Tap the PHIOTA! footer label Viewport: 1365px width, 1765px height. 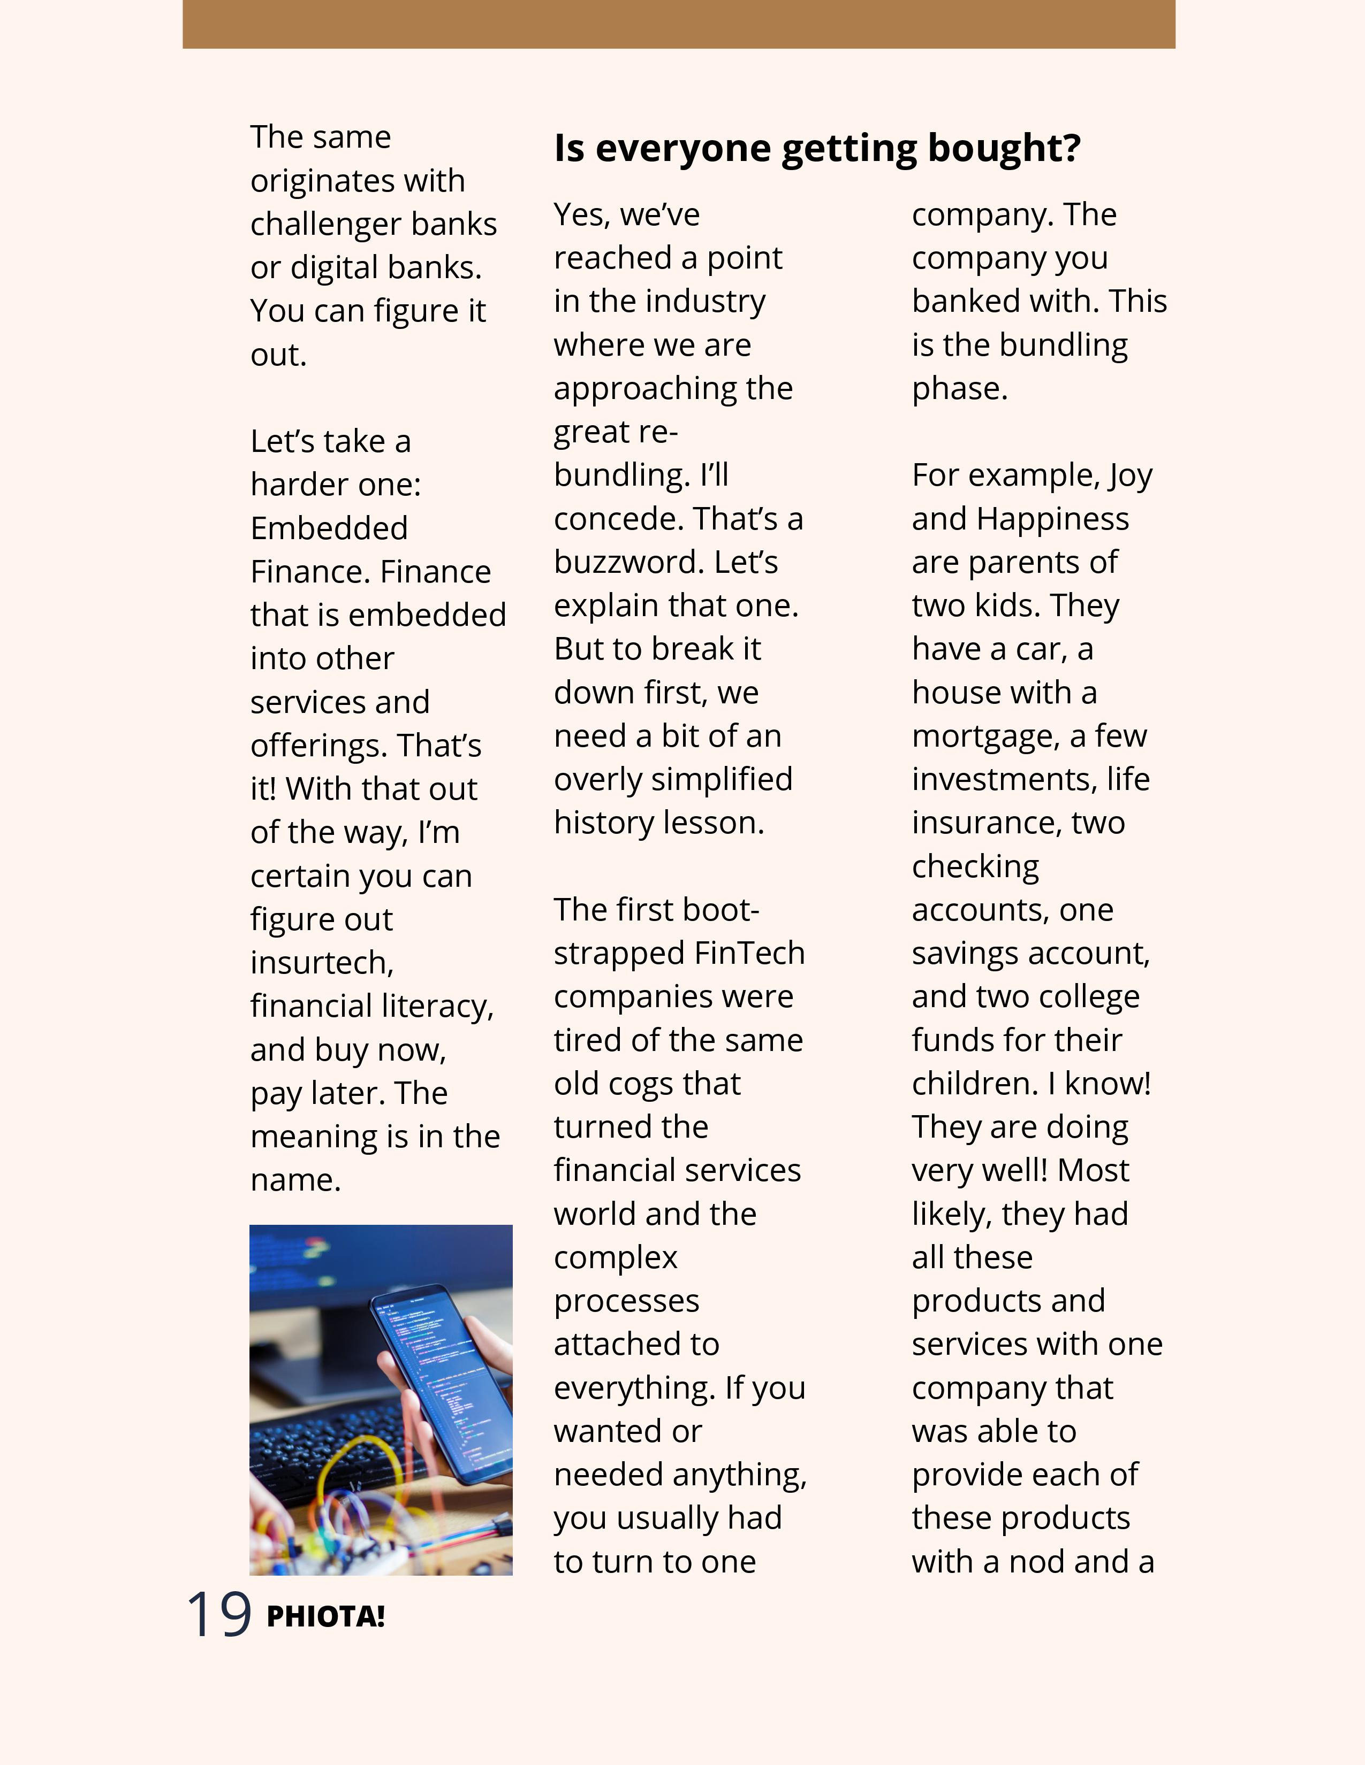click(x=325, y=1617)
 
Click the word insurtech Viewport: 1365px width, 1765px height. click(x=322, y=963)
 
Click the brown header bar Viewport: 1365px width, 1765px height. click(x=678, y=24)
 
